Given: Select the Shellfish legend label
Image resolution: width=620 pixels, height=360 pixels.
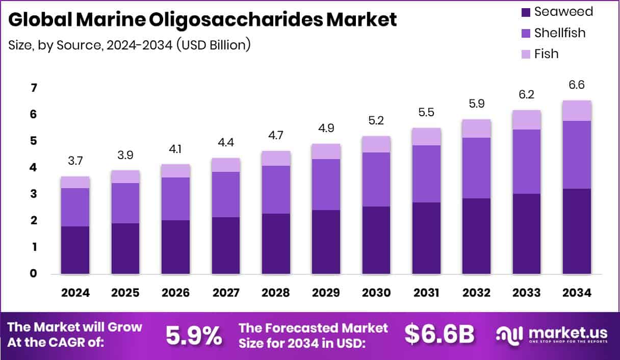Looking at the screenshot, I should [559, 33].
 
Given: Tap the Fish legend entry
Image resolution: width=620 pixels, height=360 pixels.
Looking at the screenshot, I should [546, 54].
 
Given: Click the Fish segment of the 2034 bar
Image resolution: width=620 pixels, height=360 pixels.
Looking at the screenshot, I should [577, 111].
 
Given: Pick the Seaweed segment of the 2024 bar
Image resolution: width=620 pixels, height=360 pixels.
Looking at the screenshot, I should [75, 250].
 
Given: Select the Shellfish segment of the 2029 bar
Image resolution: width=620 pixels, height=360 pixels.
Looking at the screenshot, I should [326, 185].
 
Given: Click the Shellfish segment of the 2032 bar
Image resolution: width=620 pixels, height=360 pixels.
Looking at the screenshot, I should [476, 168].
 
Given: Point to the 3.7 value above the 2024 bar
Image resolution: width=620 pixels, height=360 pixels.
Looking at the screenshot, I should [75, 161].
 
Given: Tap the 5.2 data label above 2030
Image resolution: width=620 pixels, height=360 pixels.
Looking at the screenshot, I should [376, 121].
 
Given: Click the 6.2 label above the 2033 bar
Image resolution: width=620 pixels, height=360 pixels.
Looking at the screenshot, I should [526, 94].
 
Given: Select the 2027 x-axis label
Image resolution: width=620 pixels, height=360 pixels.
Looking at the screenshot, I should [226, 293].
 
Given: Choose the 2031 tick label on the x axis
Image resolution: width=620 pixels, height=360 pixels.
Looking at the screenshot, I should [426, 293].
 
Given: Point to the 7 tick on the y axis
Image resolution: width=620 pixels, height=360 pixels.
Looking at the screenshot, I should [19, 88].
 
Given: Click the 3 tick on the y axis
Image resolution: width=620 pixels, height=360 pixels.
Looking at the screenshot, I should [19, 194].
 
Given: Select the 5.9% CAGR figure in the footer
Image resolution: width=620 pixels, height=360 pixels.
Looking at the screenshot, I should [194, 336].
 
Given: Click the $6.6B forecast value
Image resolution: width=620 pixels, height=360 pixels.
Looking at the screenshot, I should [440, 334].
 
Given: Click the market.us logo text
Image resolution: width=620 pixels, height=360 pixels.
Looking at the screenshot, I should [567, 332].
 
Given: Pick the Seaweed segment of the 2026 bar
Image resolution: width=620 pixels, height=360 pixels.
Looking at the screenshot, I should [175, 247].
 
